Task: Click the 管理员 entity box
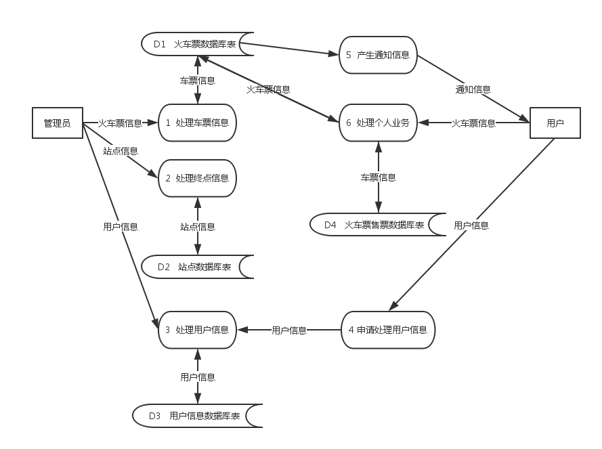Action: coord(58,123)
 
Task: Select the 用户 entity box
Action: coord(555,123)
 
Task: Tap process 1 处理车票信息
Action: coord(197,123)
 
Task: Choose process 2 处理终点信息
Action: coord(197,178)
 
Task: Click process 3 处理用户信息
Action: coord(197,330)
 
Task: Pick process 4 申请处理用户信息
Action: coord(387,330)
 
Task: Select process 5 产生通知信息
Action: coord(378,55)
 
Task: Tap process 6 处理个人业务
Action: coord(378,123)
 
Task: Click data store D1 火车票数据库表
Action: coord(197,45)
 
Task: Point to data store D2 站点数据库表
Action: coord(197,267)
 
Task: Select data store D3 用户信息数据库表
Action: coord(197,416)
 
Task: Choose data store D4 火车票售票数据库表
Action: coord(377,225)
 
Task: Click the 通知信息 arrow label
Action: coord(473,89)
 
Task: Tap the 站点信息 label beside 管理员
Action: coord(121,150)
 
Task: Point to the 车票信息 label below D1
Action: coord(198,81)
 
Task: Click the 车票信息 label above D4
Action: coord(378,177)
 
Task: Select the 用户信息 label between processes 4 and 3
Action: coord(289,330)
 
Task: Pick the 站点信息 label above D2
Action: coord(198,226)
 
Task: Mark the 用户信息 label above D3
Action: coord(198,377)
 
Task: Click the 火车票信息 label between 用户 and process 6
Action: coord(473,123)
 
